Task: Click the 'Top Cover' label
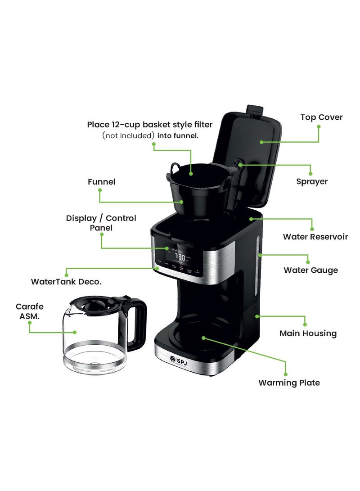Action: click(x=321, y=117)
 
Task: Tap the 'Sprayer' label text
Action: click(x=312, y=182)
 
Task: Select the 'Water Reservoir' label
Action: click(x=315, y=237)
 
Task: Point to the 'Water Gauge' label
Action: click(x=310, y=270)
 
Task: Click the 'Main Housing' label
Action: click(x=308, y=333)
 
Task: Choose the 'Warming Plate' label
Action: click(x=289, y=383)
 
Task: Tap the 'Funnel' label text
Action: click(x=101, y=182)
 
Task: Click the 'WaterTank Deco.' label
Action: click(x=66, y=282)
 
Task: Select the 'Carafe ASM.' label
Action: click(x=30, y=311)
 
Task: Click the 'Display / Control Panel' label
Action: click(x=101, y=223)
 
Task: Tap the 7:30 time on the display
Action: click(x=180, y=257)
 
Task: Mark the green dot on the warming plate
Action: click(x=203, y=337)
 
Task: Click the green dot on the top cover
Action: click(x=261, y=142)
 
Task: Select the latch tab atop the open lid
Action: click(x=255, y=109)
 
